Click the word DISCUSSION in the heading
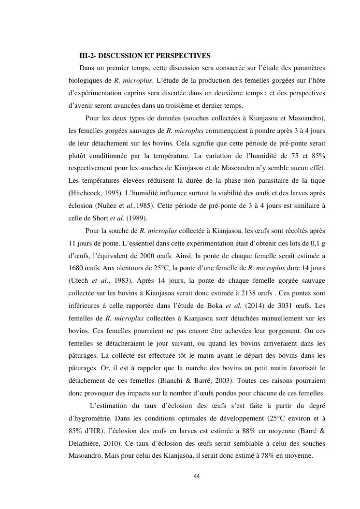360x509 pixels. tap(123, 55)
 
